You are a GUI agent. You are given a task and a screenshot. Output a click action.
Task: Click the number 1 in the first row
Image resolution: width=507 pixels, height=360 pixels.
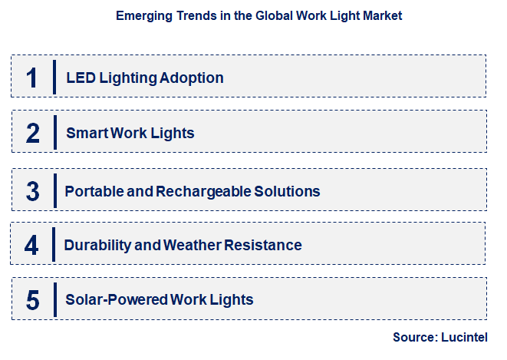pyautogui.click(x=31, y=78)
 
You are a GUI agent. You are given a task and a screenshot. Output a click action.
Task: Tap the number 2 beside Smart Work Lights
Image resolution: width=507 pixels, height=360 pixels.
pyautogui.click(x=32, y=133)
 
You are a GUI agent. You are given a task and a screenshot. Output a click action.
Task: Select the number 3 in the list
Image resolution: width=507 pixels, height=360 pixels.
pyautogui.click(x=32, y=191)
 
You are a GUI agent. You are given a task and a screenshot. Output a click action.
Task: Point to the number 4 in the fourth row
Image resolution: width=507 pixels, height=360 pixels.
pyautogui.click(x=31, y=245)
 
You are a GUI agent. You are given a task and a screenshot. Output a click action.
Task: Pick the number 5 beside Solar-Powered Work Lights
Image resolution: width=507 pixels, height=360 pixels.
pyautogui.click(x=32, y=299)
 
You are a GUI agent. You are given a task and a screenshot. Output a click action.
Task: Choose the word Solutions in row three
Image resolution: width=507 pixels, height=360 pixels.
pyautogui.click(x=286, y=191)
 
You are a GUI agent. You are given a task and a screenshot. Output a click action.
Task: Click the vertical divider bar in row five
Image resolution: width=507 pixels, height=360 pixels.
pyautogui.click(x=54, y=299)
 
